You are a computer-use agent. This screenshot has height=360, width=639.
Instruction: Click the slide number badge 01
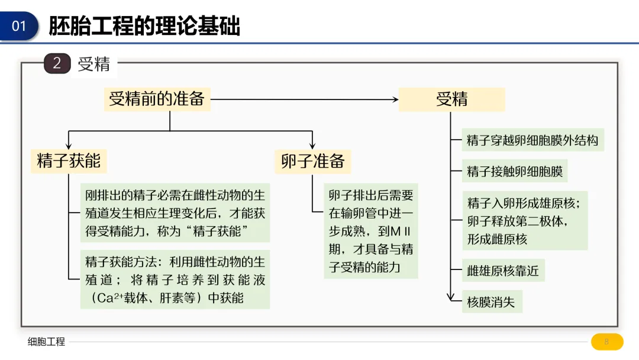(x=20, y=26)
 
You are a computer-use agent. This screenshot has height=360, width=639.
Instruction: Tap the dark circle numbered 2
(x=57, y=63)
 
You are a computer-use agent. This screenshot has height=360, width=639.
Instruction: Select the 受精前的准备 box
(x=157, y=99)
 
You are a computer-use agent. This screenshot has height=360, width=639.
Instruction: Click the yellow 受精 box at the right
(x=451, y=99)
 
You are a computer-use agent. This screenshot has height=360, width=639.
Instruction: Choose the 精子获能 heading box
(x=69, y=161)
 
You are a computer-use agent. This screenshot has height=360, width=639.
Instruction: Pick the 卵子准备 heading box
(x=312, y=161)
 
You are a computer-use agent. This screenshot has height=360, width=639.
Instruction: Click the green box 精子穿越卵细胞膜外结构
(x=532, y=140)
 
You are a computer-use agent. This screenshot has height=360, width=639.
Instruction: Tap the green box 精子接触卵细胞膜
(x=515, y=172)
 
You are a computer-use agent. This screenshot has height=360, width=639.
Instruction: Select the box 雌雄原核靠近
(x=503, y=271)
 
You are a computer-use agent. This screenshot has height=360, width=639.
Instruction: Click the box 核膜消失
(x=491, y=302)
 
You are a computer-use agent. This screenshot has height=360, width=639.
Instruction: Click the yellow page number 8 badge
(x=606, y=342)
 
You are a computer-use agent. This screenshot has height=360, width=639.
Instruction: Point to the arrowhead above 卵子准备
(x=312, y=146)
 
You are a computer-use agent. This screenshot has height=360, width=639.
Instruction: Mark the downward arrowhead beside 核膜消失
(x=451, y=298)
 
